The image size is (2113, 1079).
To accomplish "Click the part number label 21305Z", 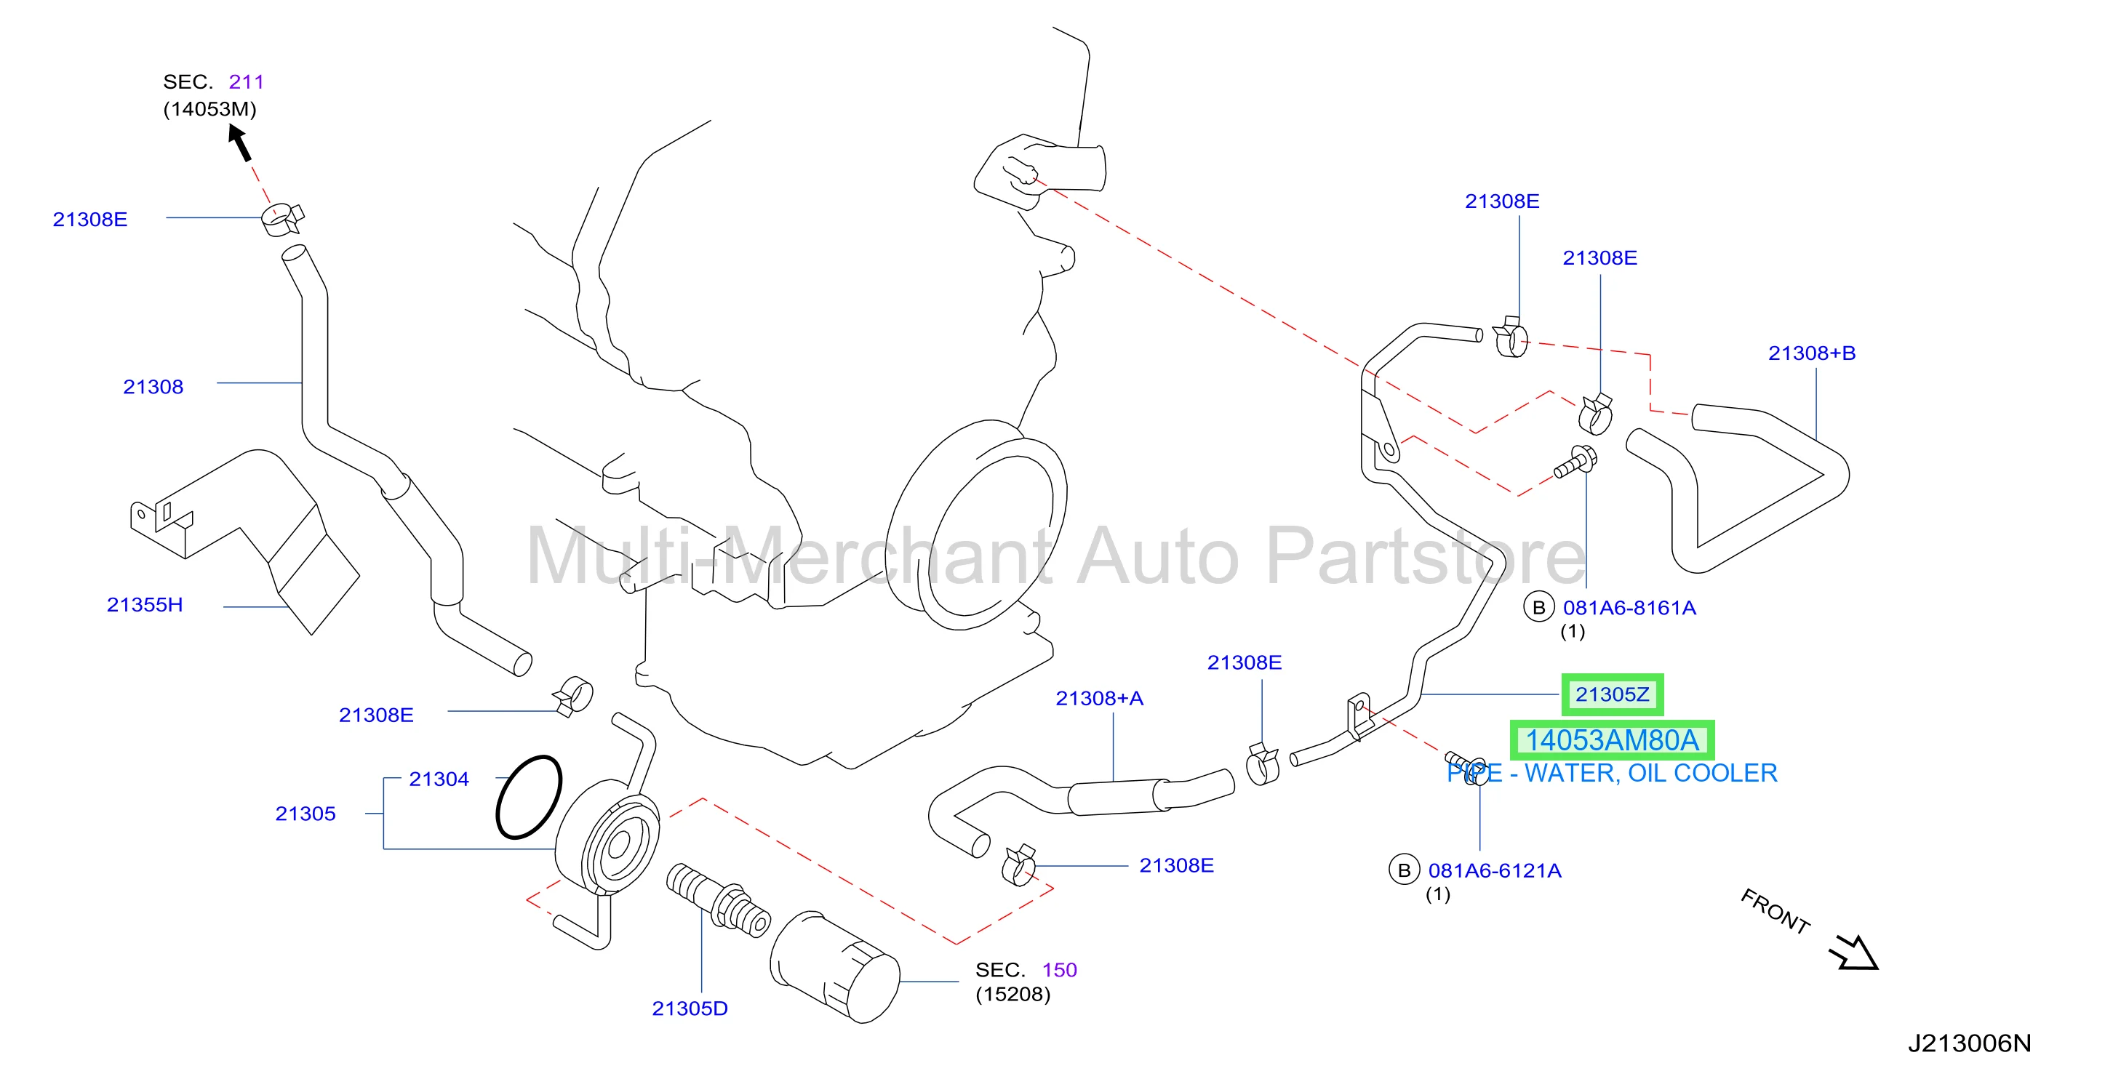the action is click(x=1611, y=694).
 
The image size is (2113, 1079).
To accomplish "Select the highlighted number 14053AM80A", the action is click(x=1612, y=740).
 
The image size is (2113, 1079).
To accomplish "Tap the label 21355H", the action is click(x=144, y=605).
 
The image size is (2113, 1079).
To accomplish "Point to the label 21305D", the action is click(x=690, y=1008).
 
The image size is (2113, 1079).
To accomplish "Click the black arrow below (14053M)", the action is click(x=239, y=143).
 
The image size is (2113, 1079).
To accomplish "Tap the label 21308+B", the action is click(x=1811, y=353).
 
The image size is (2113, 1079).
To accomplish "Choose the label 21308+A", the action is click(x=1099, y=699).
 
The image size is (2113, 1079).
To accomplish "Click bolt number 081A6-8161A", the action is click(x=1629, y=608).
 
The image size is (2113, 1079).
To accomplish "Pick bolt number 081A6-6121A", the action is click(x=1495, y=871).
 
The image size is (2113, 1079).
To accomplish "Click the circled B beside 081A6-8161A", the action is click(x=1539, y=608).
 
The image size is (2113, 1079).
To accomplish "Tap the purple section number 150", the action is click(x=1059, y=970).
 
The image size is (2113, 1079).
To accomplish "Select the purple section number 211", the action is click(x=246, y=82).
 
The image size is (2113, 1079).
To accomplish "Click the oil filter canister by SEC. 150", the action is click(x=835, y=968).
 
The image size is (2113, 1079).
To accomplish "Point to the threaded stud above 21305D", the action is click(x=718, y=899).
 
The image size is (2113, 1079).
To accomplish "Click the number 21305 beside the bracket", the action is click(x=305, y=814).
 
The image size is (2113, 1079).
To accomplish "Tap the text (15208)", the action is click(x=1013, y=995).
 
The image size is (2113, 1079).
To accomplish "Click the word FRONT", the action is click(x=1775, y=911).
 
